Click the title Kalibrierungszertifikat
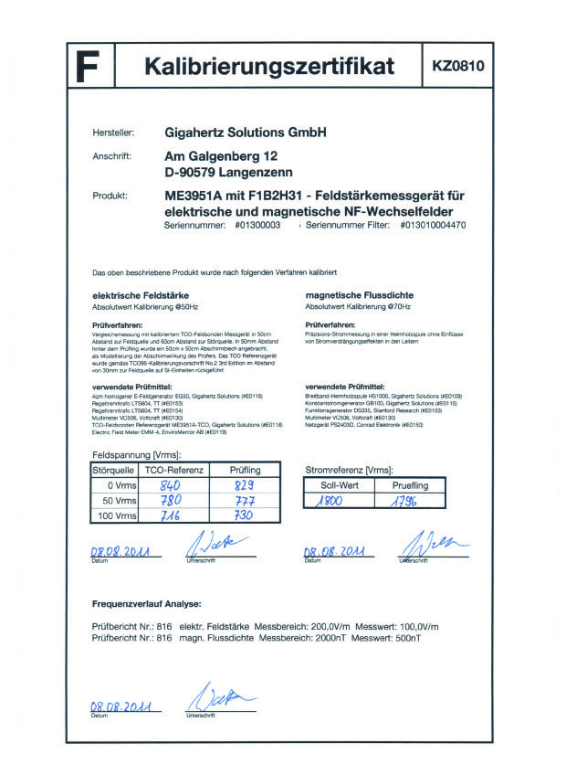[x=269, y=67]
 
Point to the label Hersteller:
[x=114, y=133]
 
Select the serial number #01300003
[x=257, y=225]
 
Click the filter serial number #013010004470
[x=433, y=225]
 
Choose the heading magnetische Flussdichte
[x=359, y=296]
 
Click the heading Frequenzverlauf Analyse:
[x=147, y=604]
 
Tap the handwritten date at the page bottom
[x=121, y=706]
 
